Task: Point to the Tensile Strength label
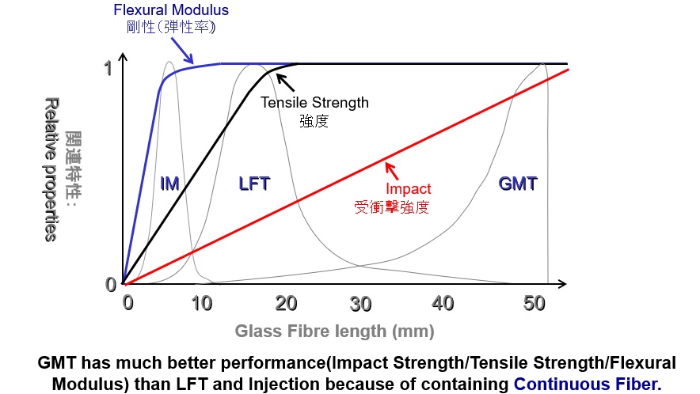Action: (314, 102)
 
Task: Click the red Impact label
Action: (408, 189)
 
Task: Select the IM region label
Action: (169, 184)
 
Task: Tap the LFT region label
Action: (254, 184)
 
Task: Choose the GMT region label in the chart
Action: (518, 184)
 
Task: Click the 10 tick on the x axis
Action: (203, 303)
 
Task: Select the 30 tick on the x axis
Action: (361, 303)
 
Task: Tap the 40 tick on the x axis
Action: (443, 303)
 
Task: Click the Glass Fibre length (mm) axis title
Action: (334, 331)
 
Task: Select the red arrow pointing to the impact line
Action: (395, 172)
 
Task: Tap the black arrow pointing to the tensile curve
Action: (285, 82)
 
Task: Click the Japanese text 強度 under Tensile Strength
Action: (314, 121)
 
